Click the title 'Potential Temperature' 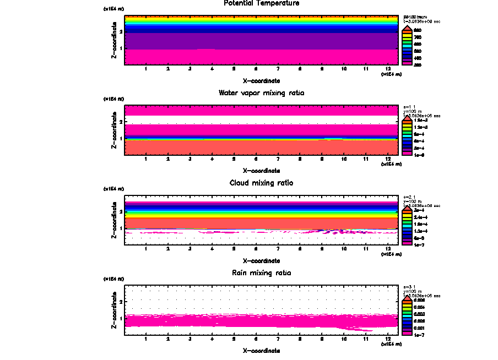[262, 3]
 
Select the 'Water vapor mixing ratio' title [261, 93]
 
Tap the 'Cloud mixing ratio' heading [261, 183]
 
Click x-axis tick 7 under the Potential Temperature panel [278, 69]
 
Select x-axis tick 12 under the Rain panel [388, 339]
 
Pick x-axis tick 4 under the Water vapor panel [212, 159]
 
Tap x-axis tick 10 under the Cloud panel [344, 249]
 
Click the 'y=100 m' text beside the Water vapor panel [413, 112]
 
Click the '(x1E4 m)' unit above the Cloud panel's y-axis [114, 189]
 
